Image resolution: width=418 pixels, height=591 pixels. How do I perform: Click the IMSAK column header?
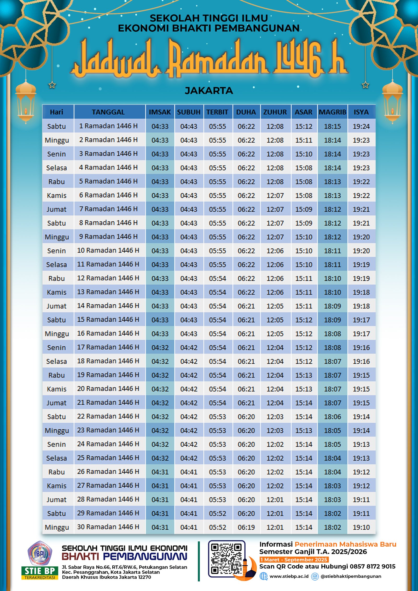pos(160,112)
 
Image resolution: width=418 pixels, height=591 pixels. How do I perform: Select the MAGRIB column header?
pos(332,112)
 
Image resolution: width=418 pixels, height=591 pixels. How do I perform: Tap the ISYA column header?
pos(361,112)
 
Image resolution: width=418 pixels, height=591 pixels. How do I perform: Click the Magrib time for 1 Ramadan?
pos(332,126)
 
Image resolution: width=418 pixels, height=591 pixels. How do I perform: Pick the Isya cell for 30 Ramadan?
pos(361,527)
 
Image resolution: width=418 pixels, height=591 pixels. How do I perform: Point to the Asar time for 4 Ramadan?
pos(304,168)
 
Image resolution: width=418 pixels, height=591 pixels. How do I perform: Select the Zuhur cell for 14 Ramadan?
pos(275,306)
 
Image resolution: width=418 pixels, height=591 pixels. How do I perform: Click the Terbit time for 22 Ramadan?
pos(217,417)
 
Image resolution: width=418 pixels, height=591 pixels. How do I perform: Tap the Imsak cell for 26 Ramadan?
pos(160,472)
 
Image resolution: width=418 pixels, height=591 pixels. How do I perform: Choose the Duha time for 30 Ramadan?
pos(246,527)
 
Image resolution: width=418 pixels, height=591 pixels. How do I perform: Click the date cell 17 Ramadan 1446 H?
pos(108,347)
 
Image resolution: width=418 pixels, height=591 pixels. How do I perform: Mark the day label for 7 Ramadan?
pos(56,209)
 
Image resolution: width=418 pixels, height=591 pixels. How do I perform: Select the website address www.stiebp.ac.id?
pos(289,576)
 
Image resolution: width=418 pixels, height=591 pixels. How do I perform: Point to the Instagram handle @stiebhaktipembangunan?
pos(351,576)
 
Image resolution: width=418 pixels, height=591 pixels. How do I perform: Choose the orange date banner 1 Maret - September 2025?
pos(294,559)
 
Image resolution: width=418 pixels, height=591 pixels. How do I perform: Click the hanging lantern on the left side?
pos(26,102)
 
